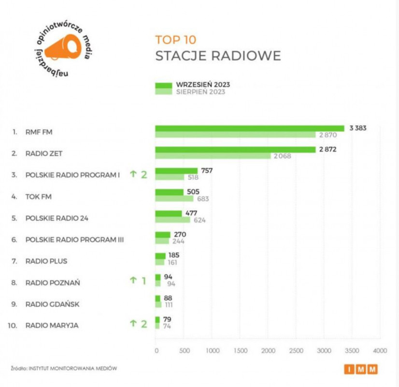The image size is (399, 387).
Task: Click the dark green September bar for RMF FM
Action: click(x=249, y=128)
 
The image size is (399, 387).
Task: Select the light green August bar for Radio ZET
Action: click(x=213, y=156)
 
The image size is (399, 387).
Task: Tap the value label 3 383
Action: click(x=357, y=128)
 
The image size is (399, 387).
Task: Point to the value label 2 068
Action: click(x=282, y=156)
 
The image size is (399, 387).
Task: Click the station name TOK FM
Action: click(x=39, y=196)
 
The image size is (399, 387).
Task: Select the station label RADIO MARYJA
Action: click(x=52, y=326)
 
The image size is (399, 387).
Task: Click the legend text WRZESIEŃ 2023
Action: click(x=203, y=85)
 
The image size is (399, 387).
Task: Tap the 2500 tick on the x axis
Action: click(x=296, y=350)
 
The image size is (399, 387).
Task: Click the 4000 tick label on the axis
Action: click(x=380, y=350)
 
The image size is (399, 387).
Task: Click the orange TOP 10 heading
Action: click(x=176, y=40)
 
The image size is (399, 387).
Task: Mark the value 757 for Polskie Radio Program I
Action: click(x=207, y=170)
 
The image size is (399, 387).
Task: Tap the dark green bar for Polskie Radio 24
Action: click(x=168, y=213)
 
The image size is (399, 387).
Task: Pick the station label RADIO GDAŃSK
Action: click(x=52, y=304)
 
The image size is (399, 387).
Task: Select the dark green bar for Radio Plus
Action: click(x=160, y=255)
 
